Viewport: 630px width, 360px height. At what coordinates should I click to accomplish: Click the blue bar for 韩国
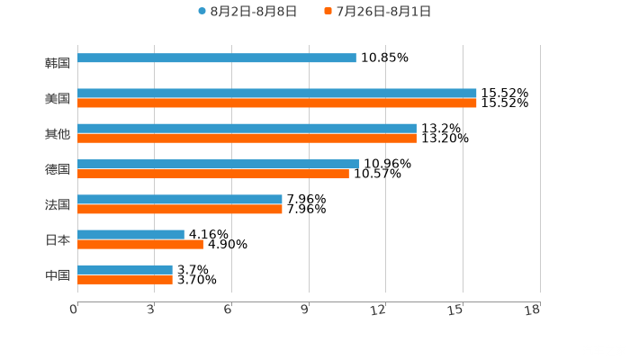click(x=217, y=58)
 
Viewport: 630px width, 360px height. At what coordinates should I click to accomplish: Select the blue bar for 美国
click(x=277, y=93)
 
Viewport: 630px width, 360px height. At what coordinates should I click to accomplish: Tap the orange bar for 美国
click(x=277, y=103)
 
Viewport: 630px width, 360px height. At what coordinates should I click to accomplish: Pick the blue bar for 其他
click(x=247, y=129)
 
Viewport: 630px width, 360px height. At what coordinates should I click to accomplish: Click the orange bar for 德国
click(x=213, y=174)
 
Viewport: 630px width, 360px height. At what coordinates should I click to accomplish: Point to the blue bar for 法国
click(x=180, y=199)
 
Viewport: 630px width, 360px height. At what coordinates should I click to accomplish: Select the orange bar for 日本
click(x=140, y=244)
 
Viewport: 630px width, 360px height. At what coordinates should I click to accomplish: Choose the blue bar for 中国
click(x=125, y=269)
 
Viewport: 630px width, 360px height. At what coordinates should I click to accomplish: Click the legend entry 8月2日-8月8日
click(x=247, y=11)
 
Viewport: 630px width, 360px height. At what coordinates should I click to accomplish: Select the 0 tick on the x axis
click(x=74, y=310)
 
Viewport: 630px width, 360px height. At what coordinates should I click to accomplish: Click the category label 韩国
click(x=58, y=63)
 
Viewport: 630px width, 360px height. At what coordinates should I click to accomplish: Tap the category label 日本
click(x=58, y=239)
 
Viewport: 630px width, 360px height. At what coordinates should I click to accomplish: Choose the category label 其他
click(x=58, y=133)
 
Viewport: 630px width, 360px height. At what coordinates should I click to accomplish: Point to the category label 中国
click(x=58, y=274)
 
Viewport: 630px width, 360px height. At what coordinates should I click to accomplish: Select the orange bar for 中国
click(x=125, y=279)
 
